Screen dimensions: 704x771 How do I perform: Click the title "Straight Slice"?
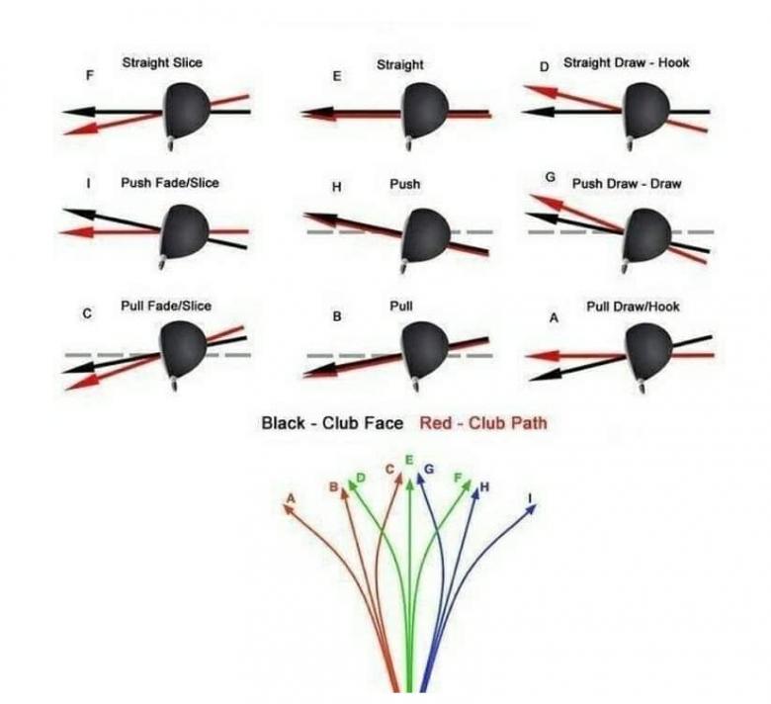pyautogui.click(x=162, y=63)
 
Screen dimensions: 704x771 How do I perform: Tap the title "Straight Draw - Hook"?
pyautogui.click(x=626, y=63)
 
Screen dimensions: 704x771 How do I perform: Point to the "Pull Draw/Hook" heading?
pyautogui.click(x=633, y=307)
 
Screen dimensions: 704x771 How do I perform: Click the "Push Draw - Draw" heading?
pyautogui.click(x=626, y=183)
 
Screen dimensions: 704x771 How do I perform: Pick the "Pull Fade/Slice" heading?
pyautogui.click(x=165, y=306)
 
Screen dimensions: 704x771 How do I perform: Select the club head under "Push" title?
pyautogui.click(x=426, y=238)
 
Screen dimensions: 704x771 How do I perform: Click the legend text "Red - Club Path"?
pyautogui.click(x=483, y=423)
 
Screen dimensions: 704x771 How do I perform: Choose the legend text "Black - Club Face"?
pyautogui.click(x=332, y=423)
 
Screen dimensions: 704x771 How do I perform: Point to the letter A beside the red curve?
pyautogui.click(x=290, y=497)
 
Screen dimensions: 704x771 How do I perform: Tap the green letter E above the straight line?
pyautogui.click(x=409, y=461)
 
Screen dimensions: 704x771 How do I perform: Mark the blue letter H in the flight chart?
pyautogui.click(x=483, y=486)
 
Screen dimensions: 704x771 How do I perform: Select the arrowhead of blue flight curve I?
pyautogui.click(x=531, y=509)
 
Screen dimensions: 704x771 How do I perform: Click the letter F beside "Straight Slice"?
pyautogui.click(x=90, y=74)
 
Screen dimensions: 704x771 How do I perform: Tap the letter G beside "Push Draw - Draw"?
pyautogui.click(x=551, y=177)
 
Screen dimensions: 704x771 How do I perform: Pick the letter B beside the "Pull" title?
pyautogui.click(x=337, y=317)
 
